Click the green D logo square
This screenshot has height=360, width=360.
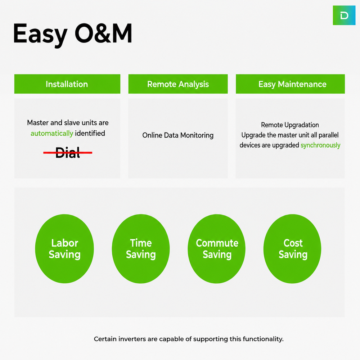(x=344, y=15)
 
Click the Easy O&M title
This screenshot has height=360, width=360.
(x=73, y=34)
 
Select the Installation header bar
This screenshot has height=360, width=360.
(x=67, y=84)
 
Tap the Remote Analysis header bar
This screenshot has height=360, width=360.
(x=178, y=84)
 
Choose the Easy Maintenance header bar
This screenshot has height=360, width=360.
(x=290, y=84)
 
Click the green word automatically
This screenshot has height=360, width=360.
(x=52, y=134)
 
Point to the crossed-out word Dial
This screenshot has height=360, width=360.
(x=68, y=153)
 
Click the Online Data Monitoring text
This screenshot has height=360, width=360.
(x=178, y=135)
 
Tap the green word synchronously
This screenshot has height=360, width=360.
(x=320, y=145)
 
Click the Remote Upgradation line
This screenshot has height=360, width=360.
(x=290, y=125)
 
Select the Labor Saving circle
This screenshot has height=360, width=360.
(x=64, y=249)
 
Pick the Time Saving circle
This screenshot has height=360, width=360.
(x=141, y=249)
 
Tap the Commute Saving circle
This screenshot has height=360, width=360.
(x=216, y=249)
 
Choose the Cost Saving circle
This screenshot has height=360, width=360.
(x=292, y=249)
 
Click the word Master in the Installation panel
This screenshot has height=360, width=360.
(x=38, y=123)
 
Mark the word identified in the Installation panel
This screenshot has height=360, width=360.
(x=90, y=134)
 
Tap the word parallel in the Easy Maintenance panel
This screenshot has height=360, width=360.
(x=329, y=135)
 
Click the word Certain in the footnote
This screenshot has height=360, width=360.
(x=105, y=339)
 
